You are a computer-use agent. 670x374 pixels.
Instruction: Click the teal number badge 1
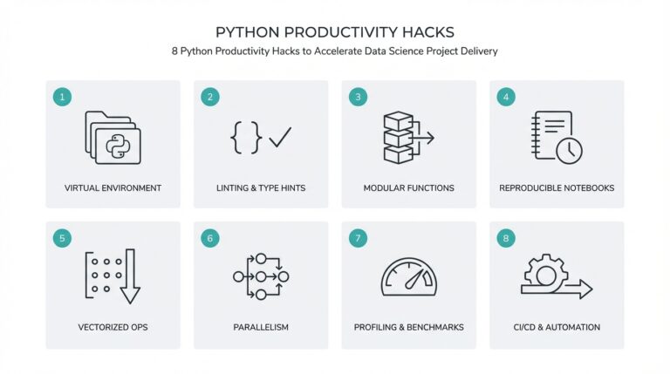[61, 97]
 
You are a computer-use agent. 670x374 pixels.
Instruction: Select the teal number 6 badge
[209, 237]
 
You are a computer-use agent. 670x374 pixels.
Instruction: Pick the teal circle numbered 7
[356, 237]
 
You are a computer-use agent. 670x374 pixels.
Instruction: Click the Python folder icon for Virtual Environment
[113, 138]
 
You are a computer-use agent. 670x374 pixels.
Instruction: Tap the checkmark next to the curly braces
[280, 136]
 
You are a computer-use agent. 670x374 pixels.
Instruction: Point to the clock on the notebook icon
[569, 149]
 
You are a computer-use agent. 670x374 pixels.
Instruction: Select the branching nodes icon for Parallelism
[261, 276]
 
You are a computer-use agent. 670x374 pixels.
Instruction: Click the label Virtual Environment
[113, 187]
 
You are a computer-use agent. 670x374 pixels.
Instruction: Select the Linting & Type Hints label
[261, 187]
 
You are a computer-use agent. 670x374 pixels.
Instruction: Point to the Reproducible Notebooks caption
[557, 187]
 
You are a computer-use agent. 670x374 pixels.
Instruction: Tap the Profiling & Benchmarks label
[408, 327]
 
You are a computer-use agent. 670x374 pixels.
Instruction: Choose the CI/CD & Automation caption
[557, 327]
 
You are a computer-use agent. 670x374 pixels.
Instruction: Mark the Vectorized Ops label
[113, 327]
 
